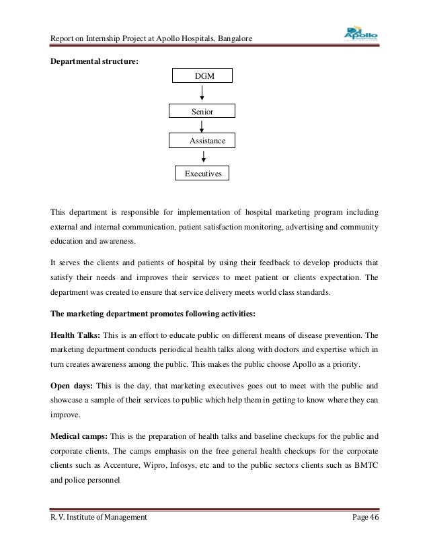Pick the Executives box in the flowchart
coord(202,174)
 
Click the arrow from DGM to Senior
coord(202,94)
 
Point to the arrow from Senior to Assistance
coord(202,126)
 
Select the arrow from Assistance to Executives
coord(202,157)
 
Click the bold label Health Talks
coord(74,334)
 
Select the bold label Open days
coord(72,387)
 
